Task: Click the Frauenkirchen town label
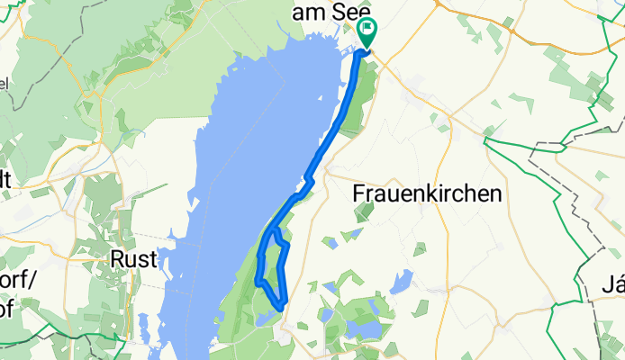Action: [x=425, y=193]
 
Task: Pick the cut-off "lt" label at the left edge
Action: [x=5, y=178]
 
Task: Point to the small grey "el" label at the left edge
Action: [x=4, y=84]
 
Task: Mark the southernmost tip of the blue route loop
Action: [x=281, y=308]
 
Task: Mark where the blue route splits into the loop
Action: [x=276, y=229]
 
